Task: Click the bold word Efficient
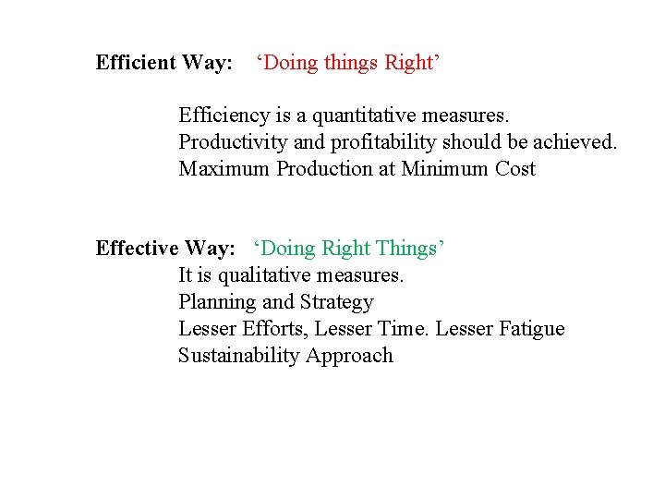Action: tap(136, 63)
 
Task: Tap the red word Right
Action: tap(409, 63)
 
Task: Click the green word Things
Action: tap(406, 249)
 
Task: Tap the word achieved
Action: tap(572, 143)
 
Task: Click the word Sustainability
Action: tap(239, 356)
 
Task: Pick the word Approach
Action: tap(350, 356)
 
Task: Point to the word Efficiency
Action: tap(223, 116)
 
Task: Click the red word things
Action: tap(347, 63)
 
